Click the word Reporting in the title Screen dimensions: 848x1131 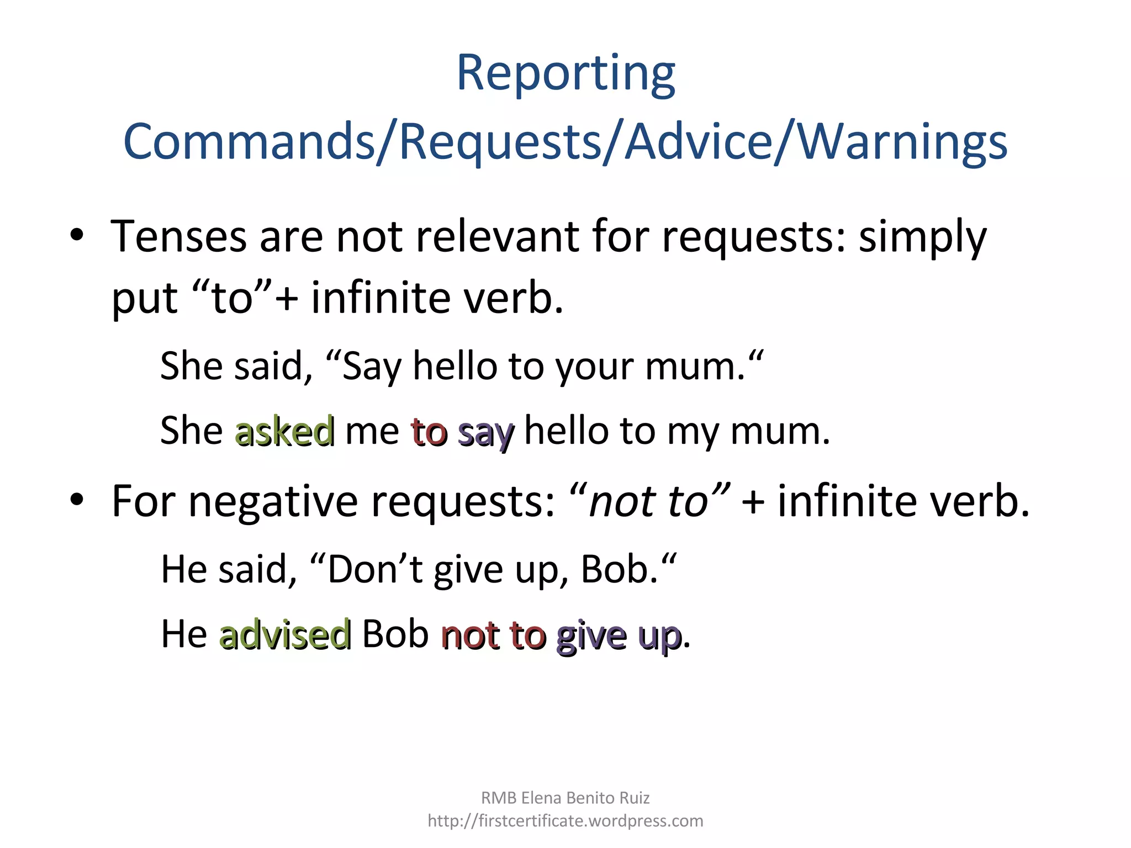pos(565,75)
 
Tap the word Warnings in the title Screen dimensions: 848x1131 pos(903,142)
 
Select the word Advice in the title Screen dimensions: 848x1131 pos(699,142)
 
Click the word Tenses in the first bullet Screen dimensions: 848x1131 pos(178,236)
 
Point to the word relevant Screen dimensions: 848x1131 pos(496,236)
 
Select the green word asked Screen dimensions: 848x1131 pos(284,431)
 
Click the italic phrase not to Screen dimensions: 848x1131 pos(649,501)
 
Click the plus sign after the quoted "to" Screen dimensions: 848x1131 pos(287,299)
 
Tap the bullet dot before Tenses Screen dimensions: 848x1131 pos(77,236)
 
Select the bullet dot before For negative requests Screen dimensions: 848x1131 pos(77,500)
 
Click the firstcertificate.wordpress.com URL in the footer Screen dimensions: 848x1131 pos(565,821)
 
